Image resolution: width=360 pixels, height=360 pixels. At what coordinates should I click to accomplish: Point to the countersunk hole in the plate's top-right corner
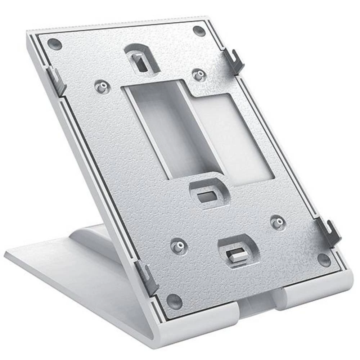click(x=199, y=31)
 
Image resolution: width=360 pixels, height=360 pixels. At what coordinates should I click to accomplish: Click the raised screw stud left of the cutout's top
click(x=103, y=87)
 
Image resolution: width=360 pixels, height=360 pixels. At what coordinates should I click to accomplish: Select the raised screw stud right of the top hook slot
click(x=198, y=75)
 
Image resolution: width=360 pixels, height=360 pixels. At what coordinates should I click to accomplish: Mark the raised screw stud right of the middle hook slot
click(x=277, y=222)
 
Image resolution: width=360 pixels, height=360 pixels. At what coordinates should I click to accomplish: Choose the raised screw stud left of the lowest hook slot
click(x=179, y=247)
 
